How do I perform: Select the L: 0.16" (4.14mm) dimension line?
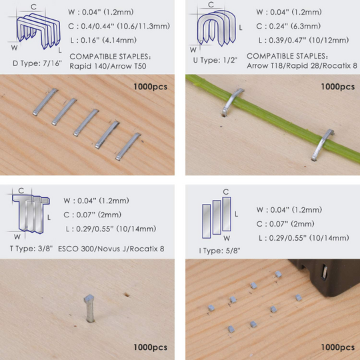109,40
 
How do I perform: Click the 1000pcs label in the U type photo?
337,87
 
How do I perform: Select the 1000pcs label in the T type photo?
150,347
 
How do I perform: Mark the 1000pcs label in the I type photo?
337,347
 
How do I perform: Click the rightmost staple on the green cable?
321,143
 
